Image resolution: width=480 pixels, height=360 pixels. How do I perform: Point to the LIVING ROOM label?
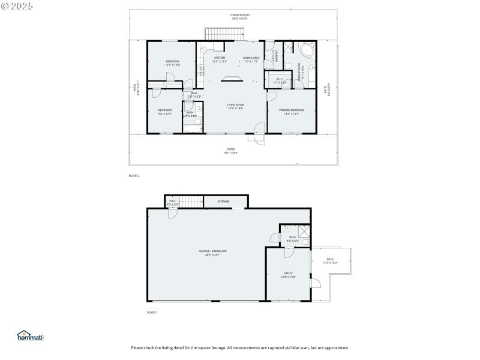[x=235, y=106]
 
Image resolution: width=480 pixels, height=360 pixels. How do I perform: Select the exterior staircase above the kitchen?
[x=226, y=34]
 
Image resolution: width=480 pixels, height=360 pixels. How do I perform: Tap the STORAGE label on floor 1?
[x=223, y=202]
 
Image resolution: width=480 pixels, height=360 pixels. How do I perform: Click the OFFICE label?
[x=288, y=274]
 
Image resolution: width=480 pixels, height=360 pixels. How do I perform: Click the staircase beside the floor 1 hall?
[x=191, y=202]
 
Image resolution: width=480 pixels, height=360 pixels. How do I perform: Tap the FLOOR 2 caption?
[x=134, y=176]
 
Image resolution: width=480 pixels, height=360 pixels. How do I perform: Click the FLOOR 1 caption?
[x=152, y=313]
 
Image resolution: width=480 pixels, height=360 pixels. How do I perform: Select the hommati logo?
[x=31, y=337]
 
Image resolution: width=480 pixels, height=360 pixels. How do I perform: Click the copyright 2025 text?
[x=17, y=6]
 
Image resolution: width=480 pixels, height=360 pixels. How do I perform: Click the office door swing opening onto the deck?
[x=316, y=283]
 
